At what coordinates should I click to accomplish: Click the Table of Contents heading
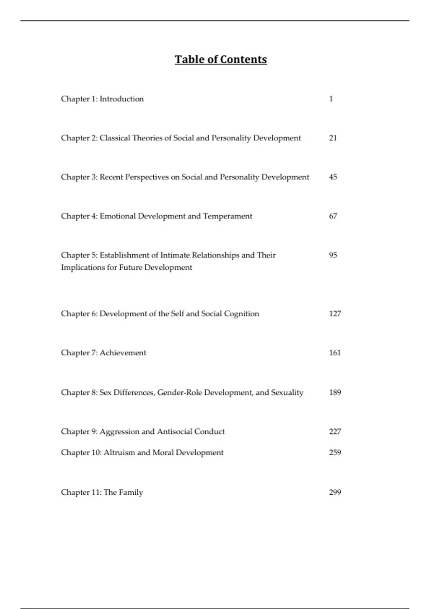(221, 59)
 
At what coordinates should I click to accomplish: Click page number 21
(333, 138)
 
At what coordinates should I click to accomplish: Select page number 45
(333, 177)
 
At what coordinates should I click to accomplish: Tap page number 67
(333, 216)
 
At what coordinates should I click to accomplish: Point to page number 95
(333, 255)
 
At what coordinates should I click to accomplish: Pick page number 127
(335, 313)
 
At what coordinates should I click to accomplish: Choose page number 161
(335, 353)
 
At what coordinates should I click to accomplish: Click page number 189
(335, 392)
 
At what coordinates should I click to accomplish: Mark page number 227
(335, 431)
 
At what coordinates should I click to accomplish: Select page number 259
(335, 452)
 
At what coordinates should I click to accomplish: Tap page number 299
(335, 492)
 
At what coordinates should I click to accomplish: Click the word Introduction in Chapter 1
(121, 99)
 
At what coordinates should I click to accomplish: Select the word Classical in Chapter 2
(115, 138)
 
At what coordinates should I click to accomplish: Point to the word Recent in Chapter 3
(111, 177)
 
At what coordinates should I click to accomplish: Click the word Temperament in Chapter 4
(228, 216)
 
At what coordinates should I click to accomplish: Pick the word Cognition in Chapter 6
(241, 314)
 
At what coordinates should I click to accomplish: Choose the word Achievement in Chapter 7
(123, 353)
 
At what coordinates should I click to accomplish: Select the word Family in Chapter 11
(131, 493)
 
